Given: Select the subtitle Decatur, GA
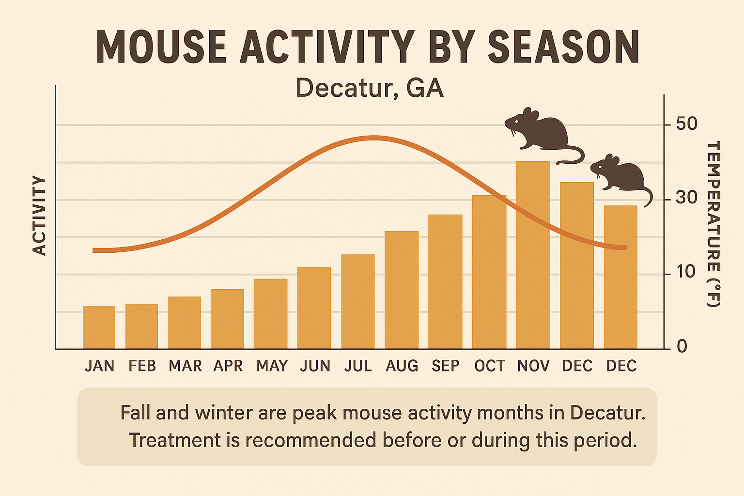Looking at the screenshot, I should coord(370,88).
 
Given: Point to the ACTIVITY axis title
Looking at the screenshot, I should coord(39,216).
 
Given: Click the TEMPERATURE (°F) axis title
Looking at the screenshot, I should coord(713,224).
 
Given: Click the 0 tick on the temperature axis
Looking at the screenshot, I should coord(682,347).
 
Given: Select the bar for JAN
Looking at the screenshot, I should coord(99,327).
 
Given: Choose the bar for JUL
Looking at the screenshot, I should coord(358,302).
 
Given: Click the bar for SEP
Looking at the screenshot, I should coord(445,282).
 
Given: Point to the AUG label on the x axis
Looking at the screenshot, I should coord(402,366).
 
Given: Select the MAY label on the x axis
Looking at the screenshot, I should coord(272,366).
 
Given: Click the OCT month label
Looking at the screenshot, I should coord(489,366).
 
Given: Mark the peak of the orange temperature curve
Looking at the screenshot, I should coord(373,138).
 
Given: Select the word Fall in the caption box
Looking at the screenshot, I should coord(135,413).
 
